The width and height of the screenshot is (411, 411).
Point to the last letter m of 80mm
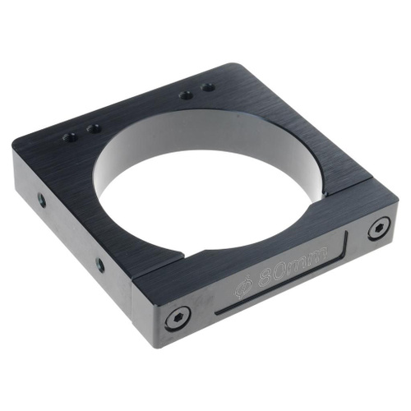tap(320, 253)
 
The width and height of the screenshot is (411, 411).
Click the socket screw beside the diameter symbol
tap(179, 318)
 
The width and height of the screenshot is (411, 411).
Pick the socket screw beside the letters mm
tap(380, 228)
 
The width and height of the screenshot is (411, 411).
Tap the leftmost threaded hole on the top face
tap(69, 136)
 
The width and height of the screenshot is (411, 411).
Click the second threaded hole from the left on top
tap(94, 128)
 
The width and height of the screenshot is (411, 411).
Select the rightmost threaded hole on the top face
tap(208, 88)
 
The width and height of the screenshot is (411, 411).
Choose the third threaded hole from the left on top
tap(186, 95)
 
